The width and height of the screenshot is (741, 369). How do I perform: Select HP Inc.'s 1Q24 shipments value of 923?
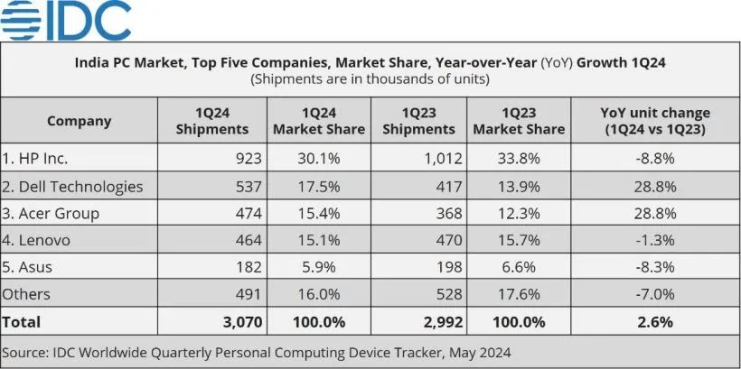click(x=247, y=159)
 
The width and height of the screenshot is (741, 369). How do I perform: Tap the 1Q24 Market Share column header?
click(x=319, y=121)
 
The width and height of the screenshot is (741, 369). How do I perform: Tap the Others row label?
click(x=26, y=294)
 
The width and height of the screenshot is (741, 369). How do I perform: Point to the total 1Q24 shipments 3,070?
click(x=239, y=321)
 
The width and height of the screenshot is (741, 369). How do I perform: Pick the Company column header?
click(x=79, y=121)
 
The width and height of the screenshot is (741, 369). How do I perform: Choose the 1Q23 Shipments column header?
click(x=418, y=121)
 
